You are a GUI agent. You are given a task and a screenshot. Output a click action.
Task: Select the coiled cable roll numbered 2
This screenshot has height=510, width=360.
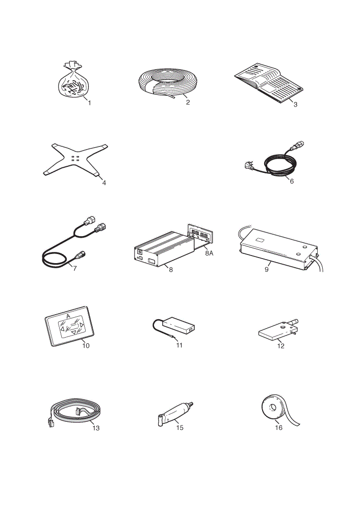pyautogui.click(x=167, y=83)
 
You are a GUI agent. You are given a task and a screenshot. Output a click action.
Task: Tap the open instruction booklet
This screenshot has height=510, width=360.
pyautogui.click(x=269, y=83)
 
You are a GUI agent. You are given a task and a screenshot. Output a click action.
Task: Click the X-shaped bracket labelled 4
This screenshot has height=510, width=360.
pyautogui.click(x=75, y=159)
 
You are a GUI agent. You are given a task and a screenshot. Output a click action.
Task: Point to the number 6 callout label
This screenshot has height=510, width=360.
pyautogui.click(x=292, y=181)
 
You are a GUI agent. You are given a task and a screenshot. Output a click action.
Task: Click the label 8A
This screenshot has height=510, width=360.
pyautogui.click(x=209, y=253)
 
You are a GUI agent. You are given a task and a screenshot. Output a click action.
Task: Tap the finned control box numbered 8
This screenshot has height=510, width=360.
pyautogui.click(x=164, y=248)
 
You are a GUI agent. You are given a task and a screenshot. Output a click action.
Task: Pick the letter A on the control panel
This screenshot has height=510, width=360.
pyautogui.click(x=68, y=316)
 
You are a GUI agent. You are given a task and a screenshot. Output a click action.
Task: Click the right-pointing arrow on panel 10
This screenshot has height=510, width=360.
pyautogui.click(x=82, y=325)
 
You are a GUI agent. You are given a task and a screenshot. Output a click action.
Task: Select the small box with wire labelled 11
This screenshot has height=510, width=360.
pyautogui.click(x=174, y=326)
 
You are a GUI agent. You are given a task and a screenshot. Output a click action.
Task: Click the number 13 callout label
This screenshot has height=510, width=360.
pyautogui.click(x=96, y=428)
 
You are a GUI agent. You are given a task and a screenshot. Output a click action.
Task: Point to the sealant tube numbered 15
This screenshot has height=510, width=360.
pyautogui.click(x=175, y=414)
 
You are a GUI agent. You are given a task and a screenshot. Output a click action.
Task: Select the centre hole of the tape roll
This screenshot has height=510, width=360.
pyautogui.click(x=272, y=407)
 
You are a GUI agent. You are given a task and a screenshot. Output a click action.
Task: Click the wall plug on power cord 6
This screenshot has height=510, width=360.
pyautogui.click(x=249, y=165)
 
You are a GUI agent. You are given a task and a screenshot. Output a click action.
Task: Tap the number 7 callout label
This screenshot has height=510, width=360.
pyautogui.click(x=75, y=268)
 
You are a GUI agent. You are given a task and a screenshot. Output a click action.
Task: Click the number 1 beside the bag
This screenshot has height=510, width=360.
pyautogui.click(x=89, y=103)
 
